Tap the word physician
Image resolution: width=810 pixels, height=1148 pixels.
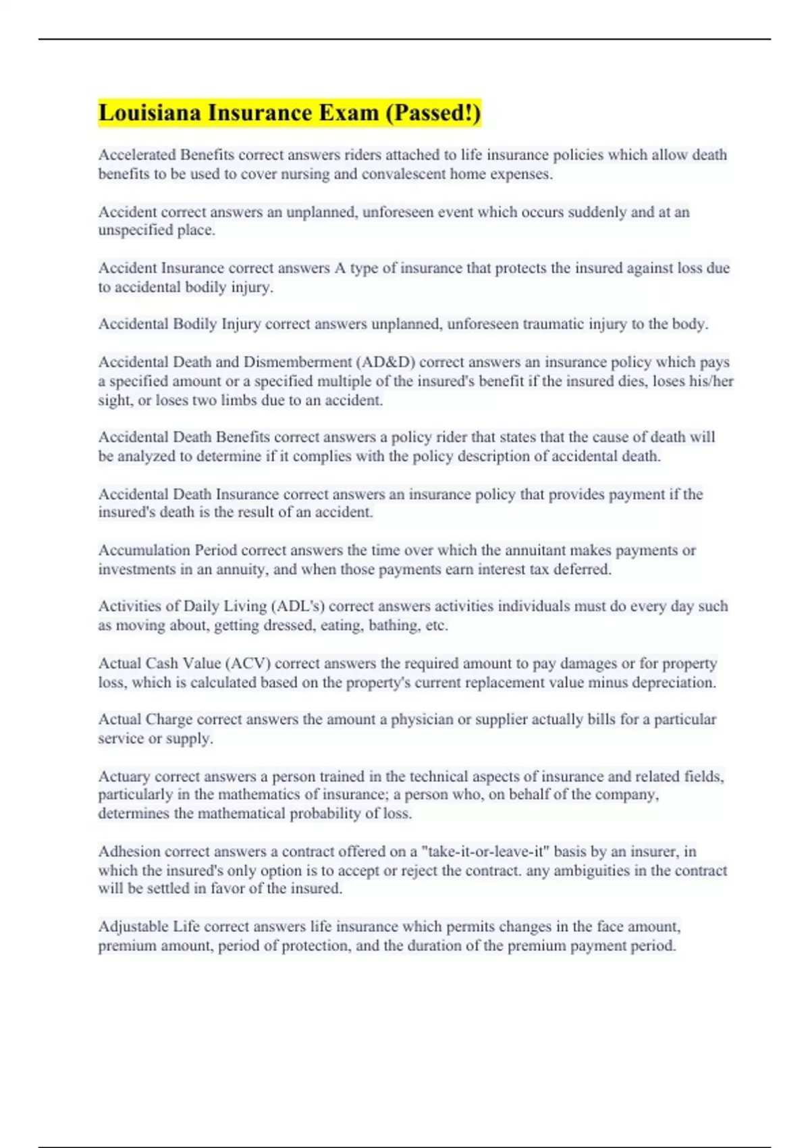click(x=422, y=719)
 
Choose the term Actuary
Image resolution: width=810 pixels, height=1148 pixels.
click(x=124, y=777)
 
